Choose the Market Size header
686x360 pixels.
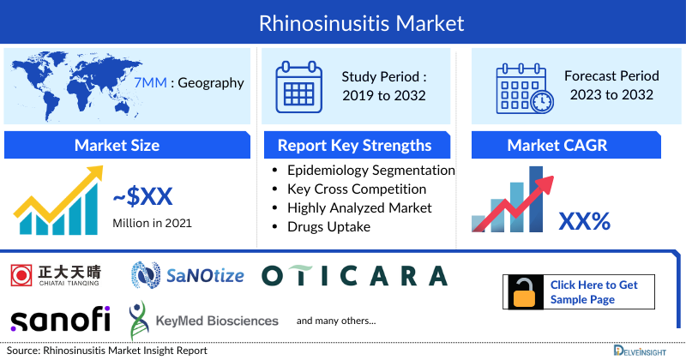pyautogui.click(x=117, y=145)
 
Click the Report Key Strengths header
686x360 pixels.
pyautogui.click(x=353, y=145)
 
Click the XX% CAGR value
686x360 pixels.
pyautogui.click(x=584, y=222)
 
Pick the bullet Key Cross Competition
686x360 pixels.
pyautogui.click(x=357, y=189)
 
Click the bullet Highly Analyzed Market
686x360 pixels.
pyautogui.click(x=359, y=207)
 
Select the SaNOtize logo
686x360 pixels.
pyautogui.click(x=188, y=274)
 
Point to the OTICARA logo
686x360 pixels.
pyautogui.click(x=354, y=275)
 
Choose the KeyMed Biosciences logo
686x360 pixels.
pyautogui.click(x=204, y=321)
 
